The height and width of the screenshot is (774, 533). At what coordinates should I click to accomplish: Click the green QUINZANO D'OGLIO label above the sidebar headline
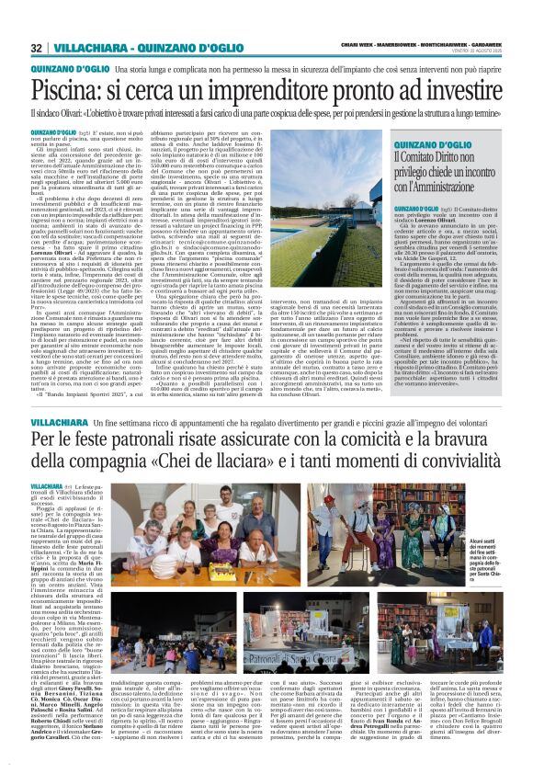430,146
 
